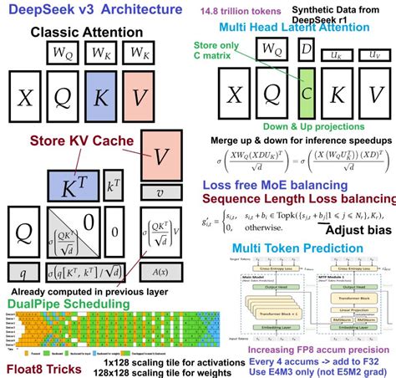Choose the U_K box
click(x=339, y=54)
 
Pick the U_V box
click(x=373, y=54)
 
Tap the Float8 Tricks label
click(x=43, y=366)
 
